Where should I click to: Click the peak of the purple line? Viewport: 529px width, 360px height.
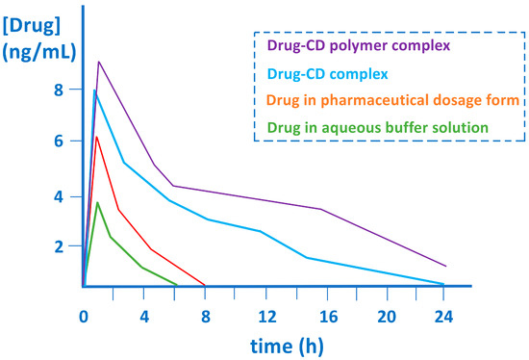[x=98, y=62]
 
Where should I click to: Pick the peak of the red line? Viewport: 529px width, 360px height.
[x=96, y=136]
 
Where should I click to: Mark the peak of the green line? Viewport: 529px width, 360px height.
[x=97, y=202]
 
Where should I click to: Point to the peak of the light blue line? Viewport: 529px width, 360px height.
[x=94, y=90]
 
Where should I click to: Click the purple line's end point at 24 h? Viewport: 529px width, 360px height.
[x=445, y=266]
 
